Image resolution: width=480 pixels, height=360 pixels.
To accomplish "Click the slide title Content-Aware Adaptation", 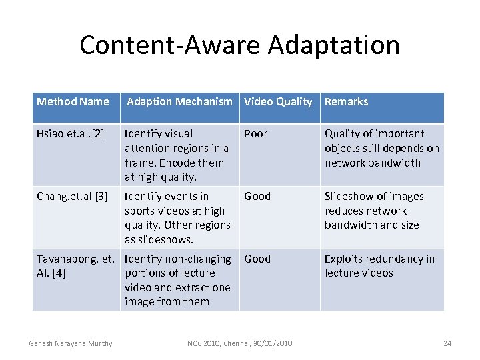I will pos(239,45).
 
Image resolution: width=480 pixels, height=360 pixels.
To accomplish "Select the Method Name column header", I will pos(73,102).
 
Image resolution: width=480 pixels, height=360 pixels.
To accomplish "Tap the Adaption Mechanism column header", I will pos(179,102).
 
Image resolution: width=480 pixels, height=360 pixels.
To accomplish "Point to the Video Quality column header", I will pos(278,102).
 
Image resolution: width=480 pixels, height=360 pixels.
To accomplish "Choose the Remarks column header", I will pos(346,102).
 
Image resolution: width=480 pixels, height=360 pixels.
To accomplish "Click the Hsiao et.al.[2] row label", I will pos(71,134).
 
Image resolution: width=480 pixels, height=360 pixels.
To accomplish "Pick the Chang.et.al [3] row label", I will pos(72,197).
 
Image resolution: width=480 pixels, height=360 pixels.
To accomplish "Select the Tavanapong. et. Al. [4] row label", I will pos(75,266).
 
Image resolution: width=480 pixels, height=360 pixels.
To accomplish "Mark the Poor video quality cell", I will pos(255,134).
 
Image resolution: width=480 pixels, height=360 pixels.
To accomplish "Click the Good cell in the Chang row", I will pos(257,197).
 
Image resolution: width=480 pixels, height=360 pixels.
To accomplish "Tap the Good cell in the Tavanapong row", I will pos(257,259).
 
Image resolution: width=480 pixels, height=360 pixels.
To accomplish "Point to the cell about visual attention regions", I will pos(177,155).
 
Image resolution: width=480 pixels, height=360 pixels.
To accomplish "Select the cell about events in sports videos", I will pos(177,218).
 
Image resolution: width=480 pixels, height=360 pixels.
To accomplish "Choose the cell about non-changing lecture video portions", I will pos(178,280).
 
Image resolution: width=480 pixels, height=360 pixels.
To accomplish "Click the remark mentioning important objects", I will pos(382,148).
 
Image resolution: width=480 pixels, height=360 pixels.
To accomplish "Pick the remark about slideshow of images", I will pos(374,211).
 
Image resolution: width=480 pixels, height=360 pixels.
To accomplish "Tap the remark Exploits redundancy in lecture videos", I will pos(379,266).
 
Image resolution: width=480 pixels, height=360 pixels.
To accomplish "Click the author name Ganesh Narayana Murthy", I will pos(71,343).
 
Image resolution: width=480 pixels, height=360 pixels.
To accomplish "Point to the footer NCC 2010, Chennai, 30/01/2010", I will pos(239,343).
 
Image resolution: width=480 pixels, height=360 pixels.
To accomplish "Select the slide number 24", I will pos(447,343).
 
